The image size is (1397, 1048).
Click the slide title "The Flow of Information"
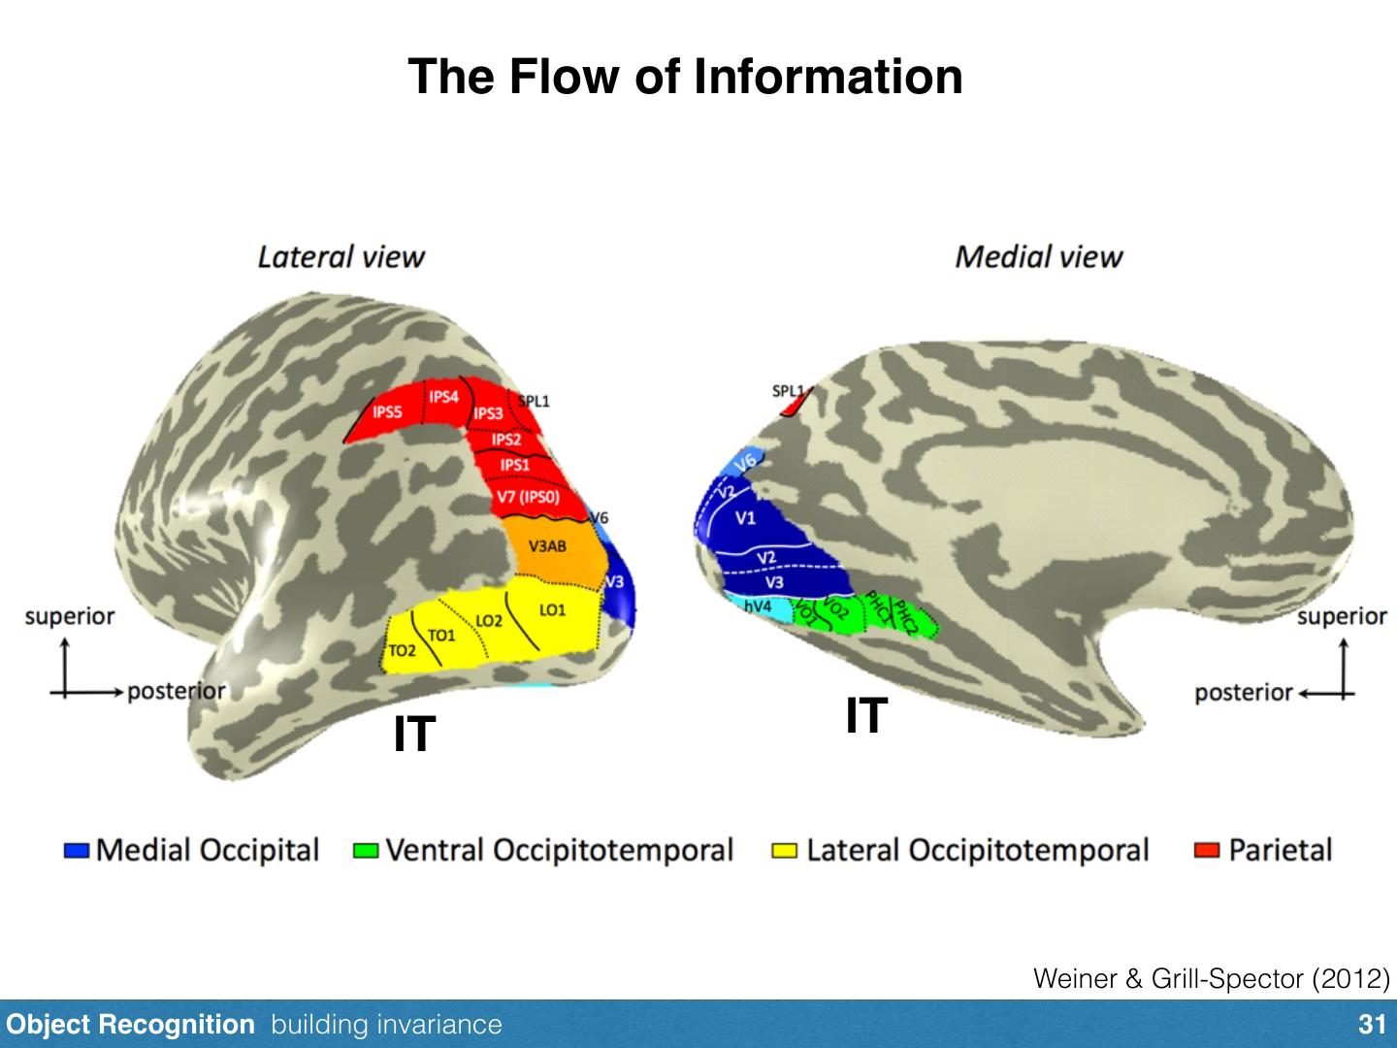[x=685, y=76]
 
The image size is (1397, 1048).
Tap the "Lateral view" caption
[x=341, y=257]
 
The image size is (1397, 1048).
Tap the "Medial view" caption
[x=1038, y=257]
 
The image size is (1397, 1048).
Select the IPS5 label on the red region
[x=387, y=412]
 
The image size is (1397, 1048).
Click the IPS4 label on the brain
[x=443, y=397]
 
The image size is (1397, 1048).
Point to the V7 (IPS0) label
[x=528, y=497]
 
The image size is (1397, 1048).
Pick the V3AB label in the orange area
[x=547, y=546]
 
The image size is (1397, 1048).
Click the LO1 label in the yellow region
[x=552, y=610]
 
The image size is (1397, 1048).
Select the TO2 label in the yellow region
[x=402, y=650]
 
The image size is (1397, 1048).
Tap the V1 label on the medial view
[x=745, y=518]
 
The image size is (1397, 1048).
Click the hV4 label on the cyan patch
[x=758, y=606]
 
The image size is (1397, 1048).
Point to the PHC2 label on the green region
[x=905, y=618]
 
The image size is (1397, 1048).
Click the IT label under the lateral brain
[x=414, y=735]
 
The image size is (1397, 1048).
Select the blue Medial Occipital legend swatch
[x=77, y=851]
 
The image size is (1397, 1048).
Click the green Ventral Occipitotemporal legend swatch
[x=366, y=851]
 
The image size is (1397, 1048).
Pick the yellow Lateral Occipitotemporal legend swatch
[x=785, y=851]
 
